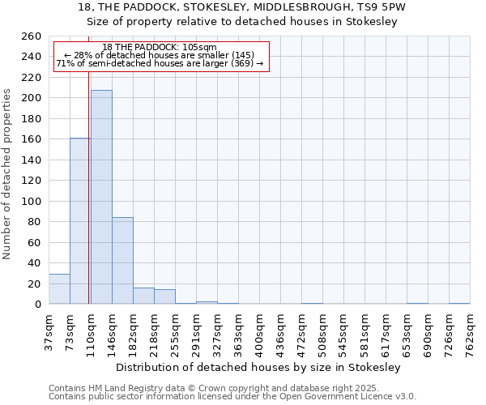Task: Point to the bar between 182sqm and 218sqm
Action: click(x=143, y=296)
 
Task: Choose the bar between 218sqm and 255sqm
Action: click(x=164, y=296)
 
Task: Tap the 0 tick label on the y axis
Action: click(x=38, y=305)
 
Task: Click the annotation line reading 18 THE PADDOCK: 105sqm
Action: click(x=160, y=47)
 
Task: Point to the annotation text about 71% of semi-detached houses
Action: click(x=160, y=63)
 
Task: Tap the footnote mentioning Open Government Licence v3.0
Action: click(x=232, y=397)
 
